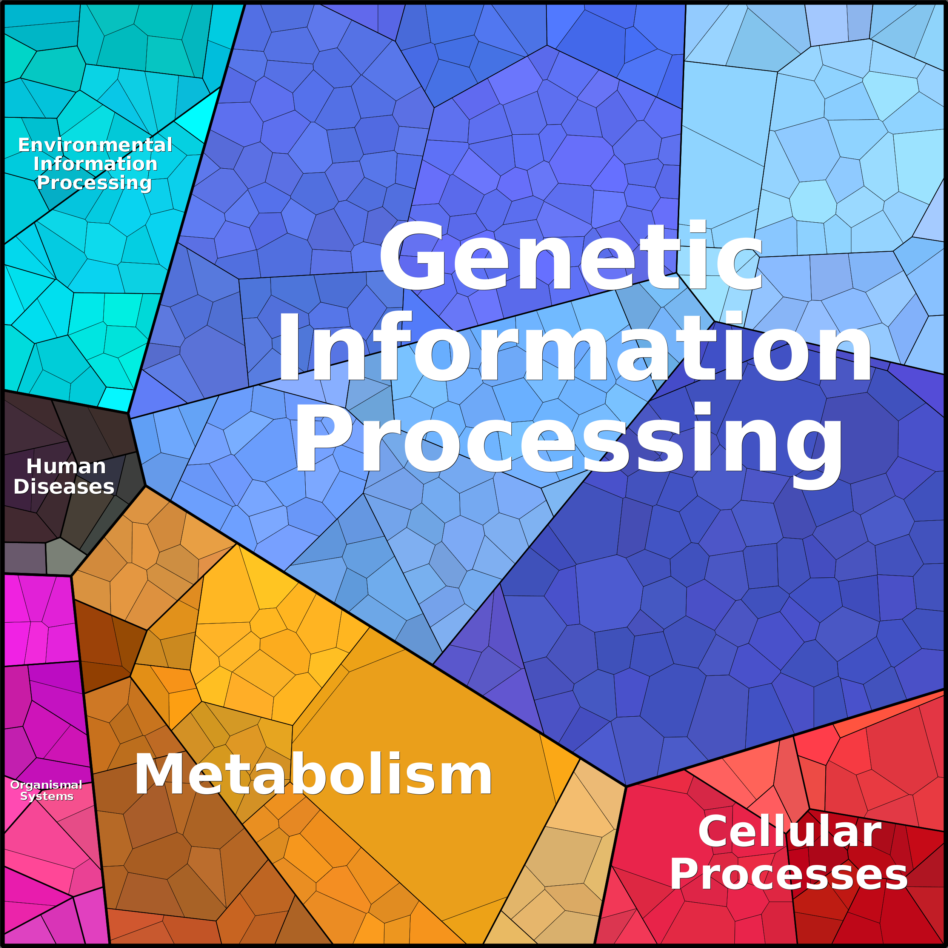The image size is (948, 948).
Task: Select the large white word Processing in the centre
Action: point(568,439)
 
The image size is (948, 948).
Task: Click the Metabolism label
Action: point(313,775)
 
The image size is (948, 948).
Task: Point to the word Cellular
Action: point(789,832)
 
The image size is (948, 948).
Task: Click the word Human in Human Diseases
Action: point(66,466)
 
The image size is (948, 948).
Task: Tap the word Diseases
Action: point(64,487)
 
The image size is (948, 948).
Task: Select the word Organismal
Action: point(46,785)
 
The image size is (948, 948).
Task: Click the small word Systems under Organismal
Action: point(47,796)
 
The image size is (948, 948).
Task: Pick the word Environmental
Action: point(95,145)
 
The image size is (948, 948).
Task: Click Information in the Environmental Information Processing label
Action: point(95,163)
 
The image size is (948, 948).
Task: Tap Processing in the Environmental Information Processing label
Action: point(94,183)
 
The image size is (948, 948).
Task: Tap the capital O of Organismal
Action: point(15,785)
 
